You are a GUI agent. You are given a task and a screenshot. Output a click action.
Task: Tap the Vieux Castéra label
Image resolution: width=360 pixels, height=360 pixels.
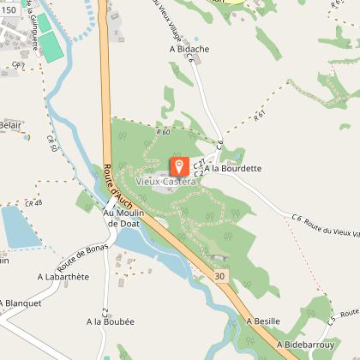[166, 181]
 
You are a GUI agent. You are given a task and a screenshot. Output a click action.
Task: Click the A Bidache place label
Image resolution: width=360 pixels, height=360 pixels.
[189, 50]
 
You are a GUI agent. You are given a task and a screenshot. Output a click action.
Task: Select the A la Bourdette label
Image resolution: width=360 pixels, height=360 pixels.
[232, 169]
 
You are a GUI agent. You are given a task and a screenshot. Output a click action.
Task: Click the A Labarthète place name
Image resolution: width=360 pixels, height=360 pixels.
[63, 277]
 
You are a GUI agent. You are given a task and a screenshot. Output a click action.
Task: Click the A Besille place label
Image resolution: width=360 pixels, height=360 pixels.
[263, 321]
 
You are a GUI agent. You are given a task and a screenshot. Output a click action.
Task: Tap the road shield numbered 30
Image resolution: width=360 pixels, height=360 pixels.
[221, 276]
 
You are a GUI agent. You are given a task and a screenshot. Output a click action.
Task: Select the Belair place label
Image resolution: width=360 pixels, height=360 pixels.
[10, 125]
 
